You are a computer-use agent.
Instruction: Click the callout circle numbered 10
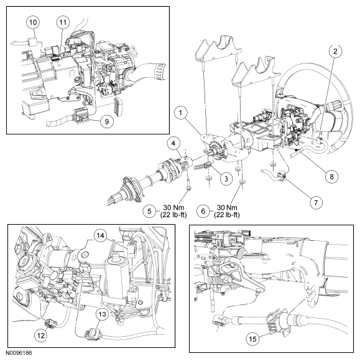coord(33,22)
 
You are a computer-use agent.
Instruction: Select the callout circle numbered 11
coord(63,22)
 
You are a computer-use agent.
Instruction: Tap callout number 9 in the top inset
coord(107,121)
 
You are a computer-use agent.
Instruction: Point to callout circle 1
coord(181,113)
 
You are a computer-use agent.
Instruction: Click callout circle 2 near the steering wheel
coord(335,51)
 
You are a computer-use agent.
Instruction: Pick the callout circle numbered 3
coord(226,179)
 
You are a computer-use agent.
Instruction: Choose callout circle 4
coord(173,143)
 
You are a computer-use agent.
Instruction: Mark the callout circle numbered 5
coord(149,211)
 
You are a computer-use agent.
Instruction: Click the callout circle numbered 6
coord(203,211)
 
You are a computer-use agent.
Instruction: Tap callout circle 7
coord(316,203)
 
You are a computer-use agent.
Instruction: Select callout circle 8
coord(331,177)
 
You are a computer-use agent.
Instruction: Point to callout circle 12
coord(41,335)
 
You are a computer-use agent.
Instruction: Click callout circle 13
coord(102,314)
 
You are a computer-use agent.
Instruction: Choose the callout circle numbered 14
coord(100,235)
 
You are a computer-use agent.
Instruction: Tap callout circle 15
coord(252,339)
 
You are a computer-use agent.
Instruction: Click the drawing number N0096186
coord(19,353)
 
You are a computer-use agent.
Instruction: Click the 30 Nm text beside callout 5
coord(173,207)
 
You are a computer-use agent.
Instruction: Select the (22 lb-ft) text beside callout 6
coord(227,215)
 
